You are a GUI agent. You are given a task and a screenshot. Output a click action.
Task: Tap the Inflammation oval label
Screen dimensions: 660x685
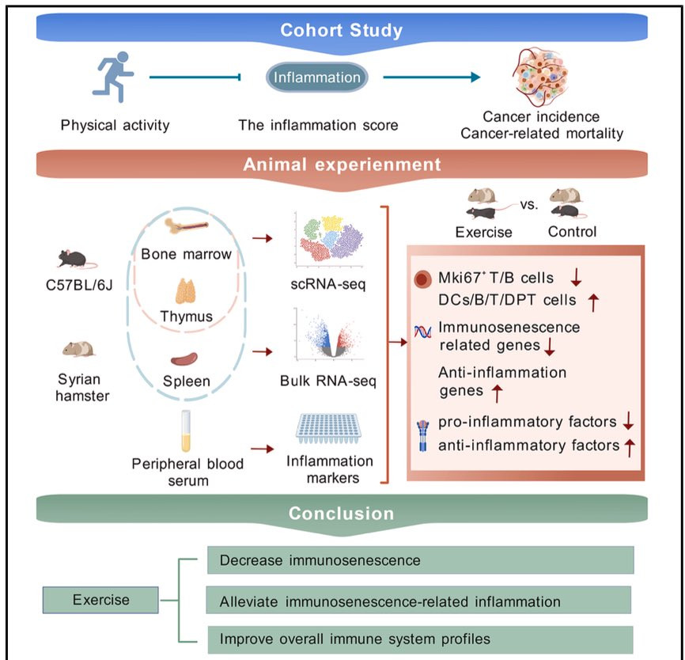pos(316,78)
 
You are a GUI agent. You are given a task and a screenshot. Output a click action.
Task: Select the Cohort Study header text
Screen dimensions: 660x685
pos(342,31)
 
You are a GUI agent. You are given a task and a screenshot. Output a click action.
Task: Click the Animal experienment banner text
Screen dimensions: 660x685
pos(341,165)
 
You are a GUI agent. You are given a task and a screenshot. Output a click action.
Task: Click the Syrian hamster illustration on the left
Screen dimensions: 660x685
pos(78,347)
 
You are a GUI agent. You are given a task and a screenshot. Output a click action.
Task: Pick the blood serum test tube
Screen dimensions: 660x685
pos(186,431)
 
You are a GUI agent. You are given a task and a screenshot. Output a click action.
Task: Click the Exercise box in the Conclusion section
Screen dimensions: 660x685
pos(101,599)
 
